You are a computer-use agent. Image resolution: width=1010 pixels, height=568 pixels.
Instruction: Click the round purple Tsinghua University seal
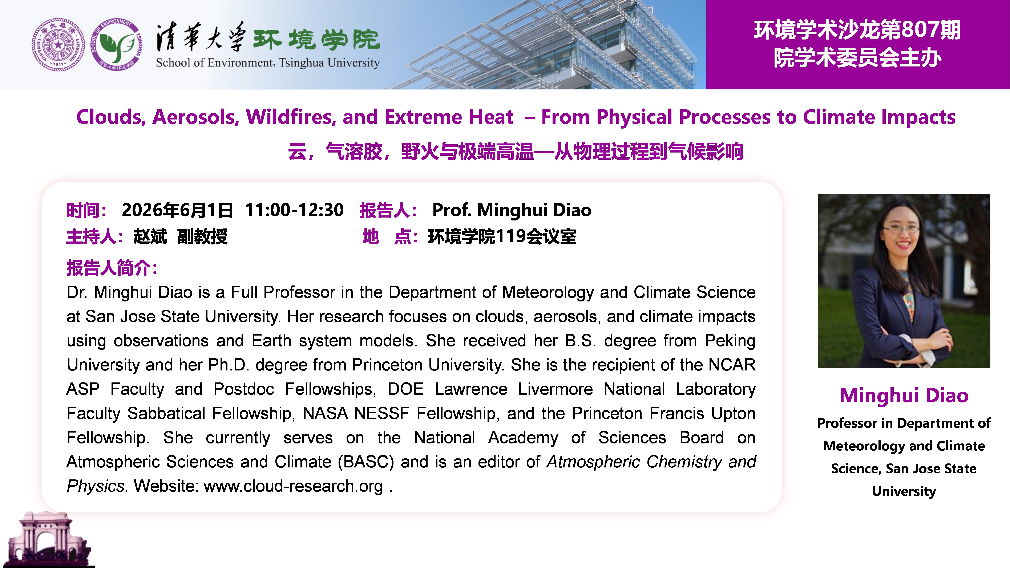pos(58,45)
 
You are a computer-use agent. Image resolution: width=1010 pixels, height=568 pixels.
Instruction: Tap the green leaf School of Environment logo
pos(116,45)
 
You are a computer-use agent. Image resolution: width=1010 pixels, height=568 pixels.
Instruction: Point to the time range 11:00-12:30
pos(294,210)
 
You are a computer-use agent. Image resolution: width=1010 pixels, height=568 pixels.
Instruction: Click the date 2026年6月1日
pos(177,210)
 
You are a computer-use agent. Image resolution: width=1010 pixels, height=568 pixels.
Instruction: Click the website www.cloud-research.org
pos(293,486)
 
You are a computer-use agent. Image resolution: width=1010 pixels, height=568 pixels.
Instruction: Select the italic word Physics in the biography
pos(95,486)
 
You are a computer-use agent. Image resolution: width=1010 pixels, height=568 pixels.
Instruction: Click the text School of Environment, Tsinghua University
pos(268,63)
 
